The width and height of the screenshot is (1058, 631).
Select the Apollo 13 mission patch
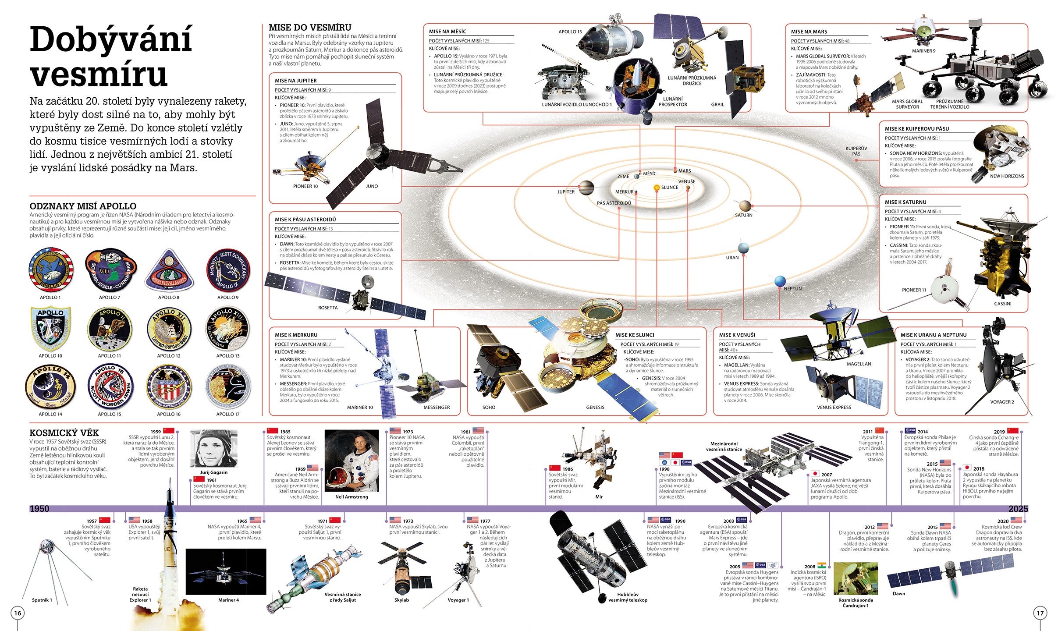point(227,328)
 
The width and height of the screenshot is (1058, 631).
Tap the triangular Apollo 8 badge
point(169,271)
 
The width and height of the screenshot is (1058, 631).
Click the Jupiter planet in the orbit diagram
point(586,188)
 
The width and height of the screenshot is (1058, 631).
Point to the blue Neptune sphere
point(780,281)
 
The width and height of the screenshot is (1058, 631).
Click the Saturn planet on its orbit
point(745,206)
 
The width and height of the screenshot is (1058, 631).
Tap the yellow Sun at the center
point(657,188)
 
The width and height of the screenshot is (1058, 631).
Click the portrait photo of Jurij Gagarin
point(213,448)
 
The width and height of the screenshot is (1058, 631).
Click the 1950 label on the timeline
point(39,509)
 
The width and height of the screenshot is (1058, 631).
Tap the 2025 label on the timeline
point(1018,509)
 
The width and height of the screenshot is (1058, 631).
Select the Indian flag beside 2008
point(821,565)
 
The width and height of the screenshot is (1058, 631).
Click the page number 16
point(18,613)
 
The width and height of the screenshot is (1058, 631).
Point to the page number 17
point(1040,613)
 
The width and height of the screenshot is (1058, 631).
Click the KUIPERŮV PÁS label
point(856,151)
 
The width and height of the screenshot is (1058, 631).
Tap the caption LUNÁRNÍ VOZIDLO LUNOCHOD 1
point(576,105)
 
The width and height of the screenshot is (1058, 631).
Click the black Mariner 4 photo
point(226,571)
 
